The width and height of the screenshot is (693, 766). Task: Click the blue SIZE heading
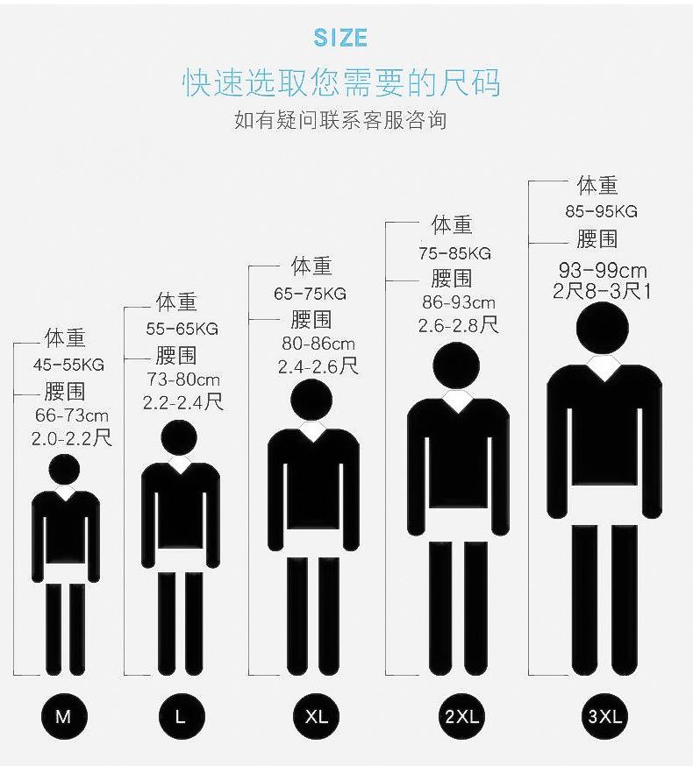tap(340, 39)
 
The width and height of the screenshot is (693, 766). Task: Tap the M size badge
tap(63, 716)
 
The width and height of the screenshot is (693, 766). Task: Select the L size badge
tap(180, 716)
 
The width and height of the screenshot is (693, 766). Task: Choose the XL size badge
tap(316, 716)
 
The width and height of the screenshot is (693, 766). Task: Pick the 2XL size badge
tap(461, 716)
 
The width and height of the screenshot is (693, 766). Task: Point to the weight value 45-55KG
tap(69, 365)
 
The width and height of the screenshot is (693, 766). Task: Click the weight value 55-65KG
tap(182, 330)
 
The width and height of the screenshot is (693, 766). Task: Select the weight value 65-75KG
tap(311, 294)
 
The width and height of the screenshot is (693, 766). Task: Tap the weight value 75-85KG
tap(454, 253)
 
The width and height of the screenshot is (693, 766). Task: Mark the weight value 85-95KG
tap(601, 211)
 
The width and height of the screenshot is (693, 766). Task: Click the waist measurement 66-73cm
tap(72, 415)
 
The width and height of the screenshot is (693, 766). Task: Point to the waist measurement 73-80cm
tap(183, 379)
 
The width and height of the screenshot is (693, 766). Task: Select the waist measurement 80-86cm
tap(318, 344)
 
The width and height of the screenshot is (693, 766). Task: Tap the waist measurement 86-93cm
tap(459, 303)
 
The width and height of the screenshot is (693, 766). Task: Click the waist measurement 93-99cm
tap(603, 270)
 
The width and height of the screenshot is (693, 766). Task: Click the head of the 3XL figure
tap(603, 329)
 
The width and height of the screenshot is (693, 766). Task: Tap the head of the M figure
tap(65, 470)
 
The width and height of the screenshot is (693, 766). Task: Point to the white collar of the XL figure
tap(312, 429)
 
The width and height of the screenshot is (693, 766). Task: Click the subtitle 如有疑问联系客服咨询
tap(340, 119)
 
